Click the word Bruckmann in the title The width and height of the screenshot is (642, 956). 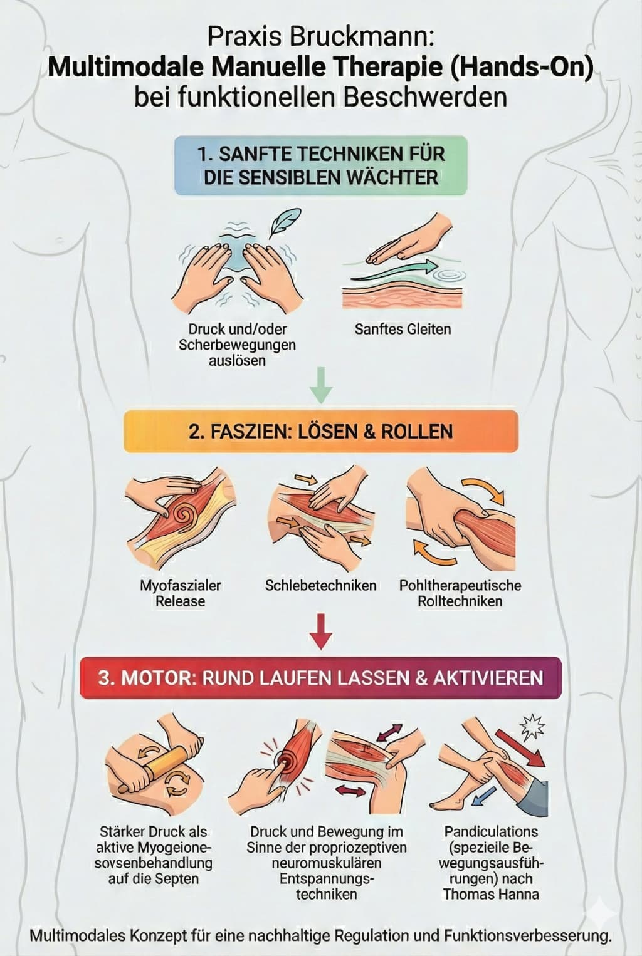[x=362, y=37]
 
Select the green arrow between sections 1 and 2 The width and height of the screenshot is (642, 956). [x=321, y=385]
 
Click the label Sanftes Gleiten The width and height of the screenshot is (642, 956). [x=403, y=329]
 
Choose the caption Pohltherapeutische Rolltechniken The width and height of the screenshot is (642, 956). [x=460, y=593]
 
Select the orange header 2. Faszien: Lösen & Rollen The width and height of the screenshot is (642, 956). [x=321, y=432]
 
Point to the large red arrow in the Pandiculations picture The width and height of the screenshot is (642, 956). [x=520, y=749]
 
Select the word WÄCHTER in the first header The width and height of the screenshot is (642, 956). [x=392, y=178]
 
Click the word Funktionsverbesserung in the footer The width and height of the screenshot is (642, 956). [x=528, y=935]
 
